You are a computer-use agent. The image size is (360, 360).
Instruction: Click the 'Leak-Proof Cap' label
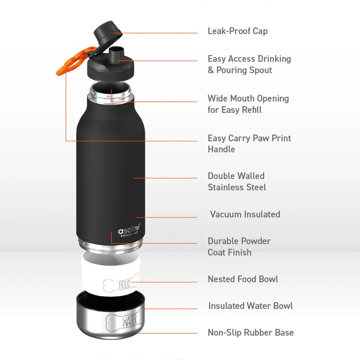click(237, 31)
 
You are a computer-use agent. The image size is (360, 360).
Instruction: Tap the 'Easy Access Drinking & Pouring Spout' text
click(249, 64)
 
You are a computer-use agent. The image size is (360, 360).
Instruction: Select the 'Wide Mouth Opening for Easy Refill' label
click(248, 104)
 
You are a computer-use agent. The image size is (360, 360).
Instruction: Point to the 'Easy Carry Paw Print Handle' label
click(249, 143)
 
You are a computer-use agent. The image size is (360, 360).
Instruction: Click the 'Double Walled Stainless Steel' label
click(236, 181)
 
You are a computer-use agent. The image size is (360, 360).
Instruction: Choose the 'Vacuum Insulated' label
click(245, 214)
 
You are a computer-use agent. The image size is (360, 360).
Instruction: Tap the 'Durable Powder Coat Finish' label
click(239, 246)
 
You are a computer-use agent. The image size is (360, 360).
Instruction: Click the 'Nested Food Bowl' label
click(243, 279)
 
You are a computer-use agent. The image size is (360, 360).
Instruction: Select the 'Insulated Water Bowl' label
click(250, 305)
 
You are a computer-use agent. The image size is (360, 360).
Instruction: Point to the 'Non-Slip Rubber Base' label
click(250, 332)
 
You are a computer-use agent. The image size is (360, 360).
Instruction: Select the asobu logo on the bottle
click(129, 230)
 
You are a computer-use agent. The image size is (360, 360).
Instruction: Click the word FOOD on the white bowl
click(124, 284)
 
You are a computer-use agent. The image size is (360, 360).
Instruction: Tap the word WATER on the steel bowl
click(129, 320)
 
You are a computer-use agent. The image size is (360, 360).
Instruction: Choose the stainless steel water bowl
click(110, 315)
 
